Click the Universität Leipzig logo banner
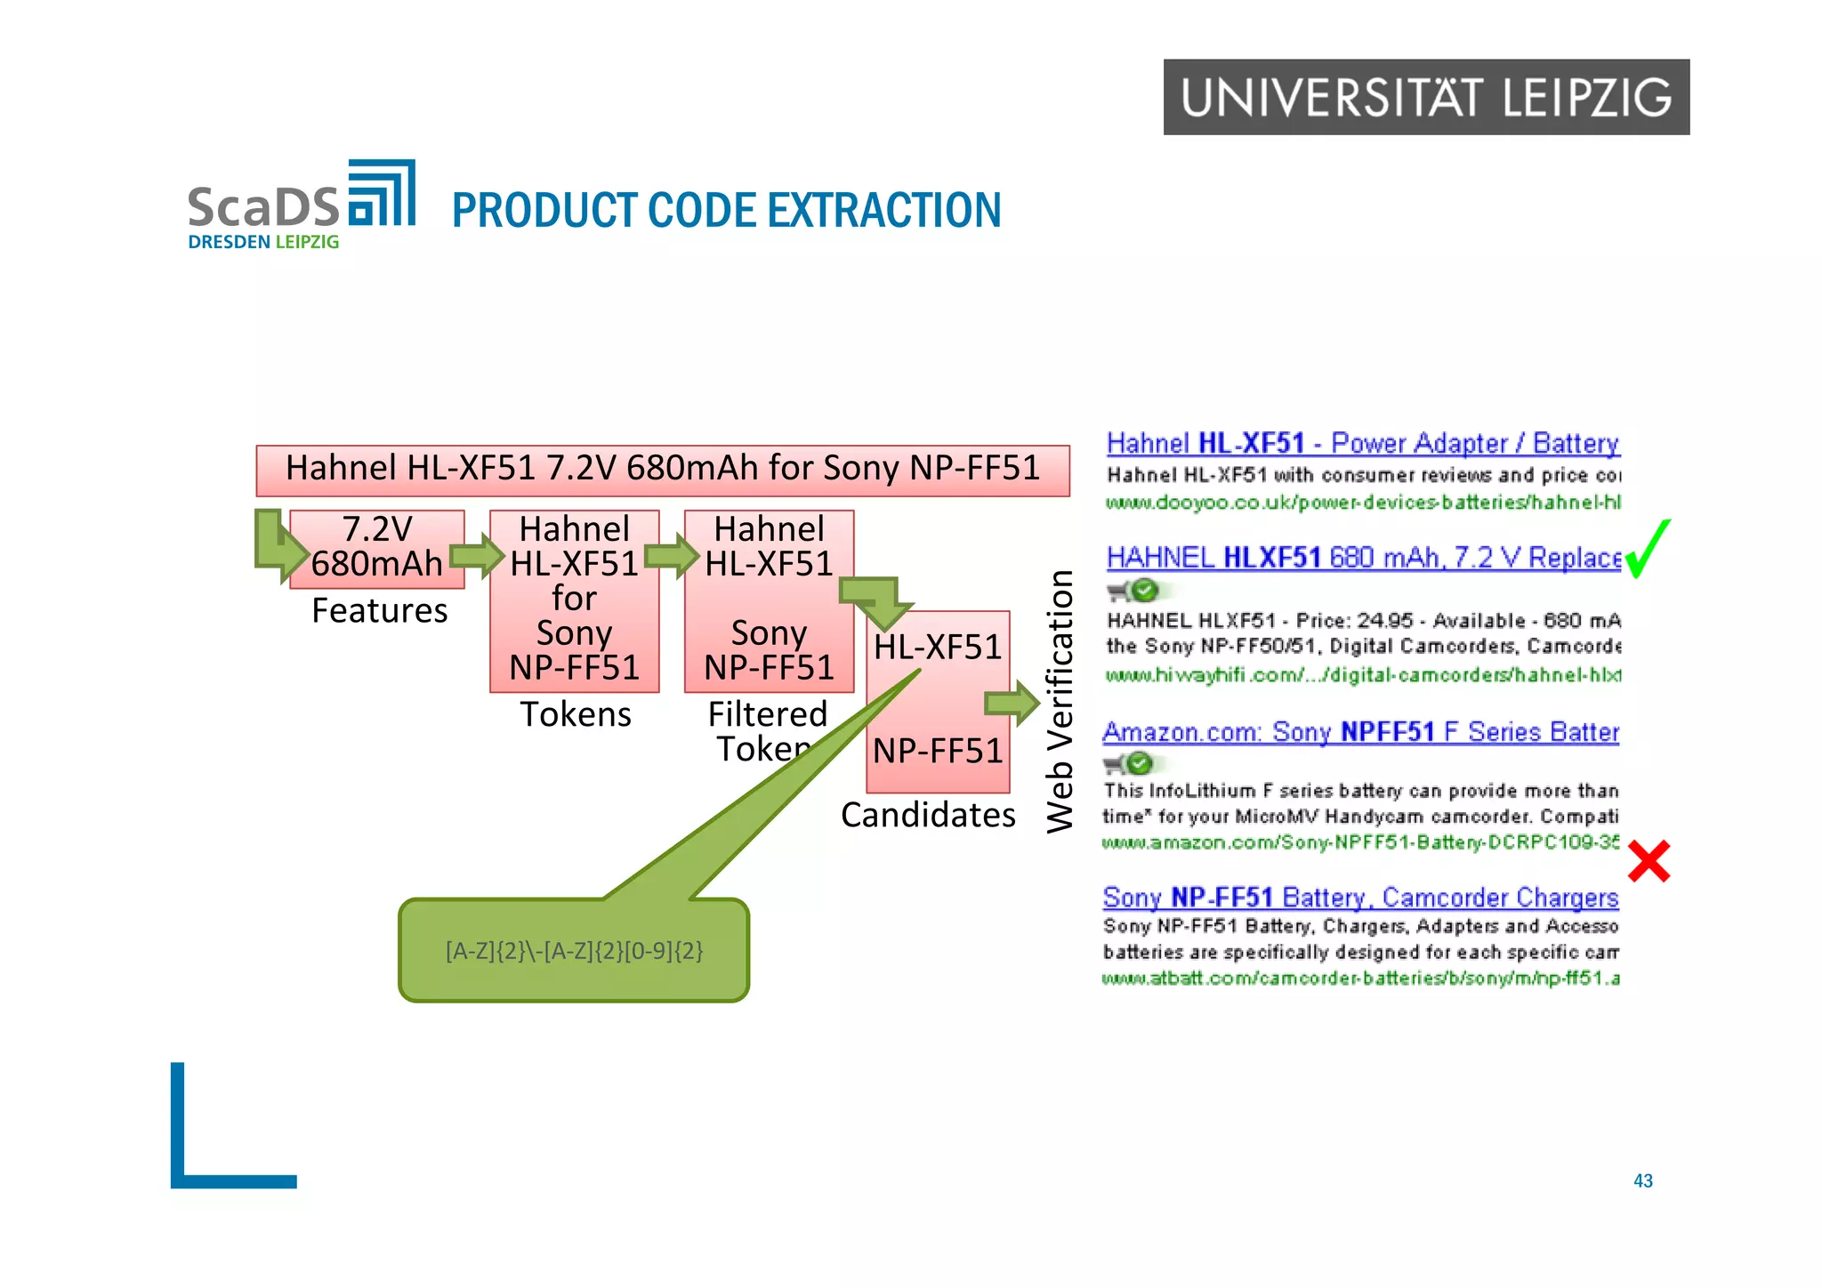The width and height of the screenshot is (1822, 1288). coord(1425,97)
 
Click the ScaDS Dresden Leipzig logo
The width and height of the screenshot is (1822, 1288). coord(301,205)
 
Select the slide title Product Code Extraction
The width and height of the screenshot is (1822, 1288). coord(726,211)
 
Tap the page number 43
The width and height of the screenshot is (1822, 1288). coord(1642,1180)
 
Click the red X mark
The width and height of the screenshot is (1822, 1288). coord(1649,861)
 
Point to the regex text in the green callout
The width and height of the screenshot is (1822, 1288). coord(574,952)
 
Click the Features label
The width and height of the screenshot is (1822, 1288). coord(379,611)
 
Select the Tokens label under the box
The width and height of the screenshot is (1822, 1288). coord(576,714)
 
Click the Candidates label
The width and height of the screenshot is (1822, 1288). coord(928,815)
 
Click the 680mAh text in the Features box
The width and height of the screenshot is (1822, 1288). coord(376,564)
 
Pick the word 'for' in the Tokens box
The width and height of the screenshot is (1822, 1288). coord(574,598)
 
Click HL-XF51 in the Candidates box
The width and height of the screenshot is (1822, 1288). coord(938,648)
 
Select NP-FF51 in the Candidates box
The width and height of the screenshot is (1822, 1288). coord(938,751)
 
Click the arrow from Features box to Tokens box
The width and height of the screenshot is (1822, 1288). coord(477,556)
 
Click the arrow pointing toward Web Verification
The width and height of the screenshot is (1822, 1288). coord(1012,704)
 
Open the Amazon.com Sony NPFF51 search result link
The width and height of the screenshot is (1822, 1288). coord(1360,732)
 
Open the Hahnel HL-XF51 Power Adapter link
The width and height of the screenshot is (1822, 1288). coord(1362,443)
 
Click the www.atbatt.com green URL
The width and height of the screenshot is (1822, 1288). coord(1360,978)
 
